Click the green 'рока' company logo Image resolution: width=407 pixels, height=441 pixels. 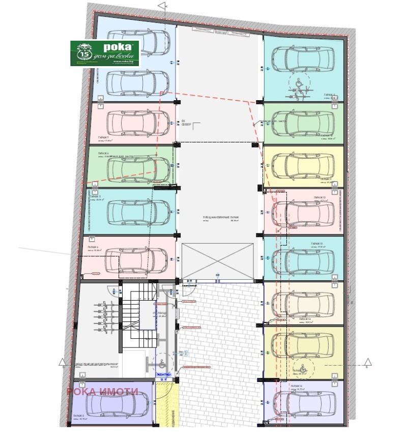105,53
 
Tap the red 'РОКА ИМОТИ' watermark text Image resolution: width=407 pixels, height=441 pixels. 103,391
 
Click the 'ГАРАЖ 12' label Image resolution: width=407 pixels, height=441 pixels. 320,197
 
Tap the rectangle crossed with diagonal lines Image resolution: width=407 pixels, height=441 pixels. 218,262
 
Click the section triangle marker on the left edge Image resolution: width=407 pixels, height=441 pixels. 62,362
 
